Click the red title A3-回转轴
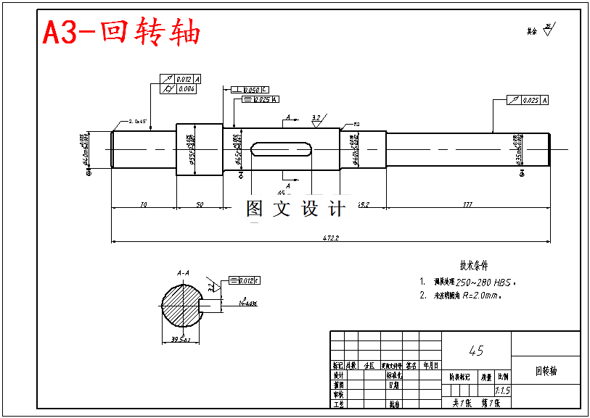coord(121,32)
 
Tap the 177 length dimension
coord(467,205)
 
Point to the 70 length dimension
coord(143,205)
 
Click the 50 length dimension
coord(200,205)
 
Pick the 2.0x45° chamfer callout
coord(137,121)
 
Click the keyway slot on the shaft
coord(282,149)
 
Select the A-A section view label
coord(184,273)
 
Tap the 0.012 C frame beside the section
coord(245,280)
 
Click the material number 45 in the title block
coord(476,351)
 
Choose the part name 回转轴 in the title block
coord(546,371)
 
